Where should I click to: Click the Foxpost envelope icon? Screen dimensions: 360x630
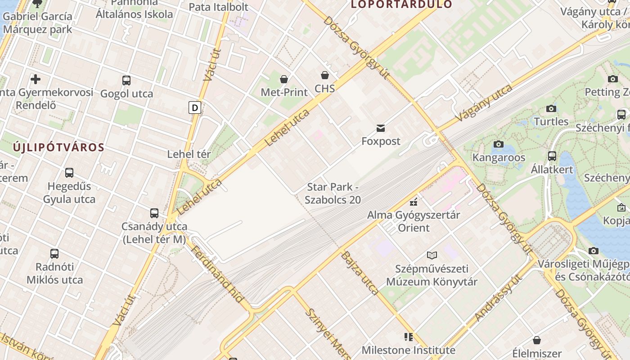tap(381, 128)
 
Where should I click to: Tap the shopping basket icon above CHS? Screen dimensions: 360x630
tap(325, 75)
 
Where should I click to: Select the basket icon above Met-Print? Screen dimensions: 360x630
tap(284, 79)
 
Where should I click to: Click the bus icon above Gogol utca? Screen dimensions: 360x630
tap(126, 81)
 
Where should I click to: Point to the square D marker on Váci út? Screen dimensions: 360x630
tap(195, 108)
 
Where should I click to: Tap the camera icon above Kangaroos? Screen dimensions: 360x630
tap(499, 144)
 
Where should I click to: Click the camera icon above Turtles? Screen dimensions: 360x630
tap(551, 108)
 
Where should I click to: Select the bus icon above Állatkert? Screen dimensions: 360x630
tap(552, 156)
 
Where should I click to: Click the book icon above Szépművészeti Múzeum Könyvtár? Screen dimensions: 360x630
tap(432, 256)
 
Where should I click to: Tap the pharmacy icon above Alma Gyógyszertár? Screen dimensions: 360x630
tap(414, 202)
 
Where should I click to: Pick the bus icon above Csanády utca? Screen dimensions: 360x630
tap(154, 213)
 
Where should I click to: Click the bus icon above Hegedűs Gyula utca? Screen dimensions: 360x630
tap(69, 173)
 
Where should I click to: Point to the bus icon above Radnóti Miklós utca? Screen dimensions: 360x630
tap(54, 253)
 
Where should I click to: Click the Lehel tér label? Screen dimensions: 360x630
tap(189, 154)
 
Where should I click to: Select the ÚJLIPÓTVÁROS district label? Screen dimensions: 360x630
tap(59, 147)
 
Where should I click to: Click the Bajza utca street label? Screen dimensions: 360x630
tap(360, 273)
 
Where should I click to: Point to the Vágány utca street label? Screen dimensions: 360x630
tap(483, 103)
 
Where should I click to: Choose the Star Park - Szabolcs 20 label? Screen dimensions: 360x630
tap(333, 193)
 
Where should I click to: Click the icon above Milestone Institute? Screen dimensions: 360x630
tap(409, 337)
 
